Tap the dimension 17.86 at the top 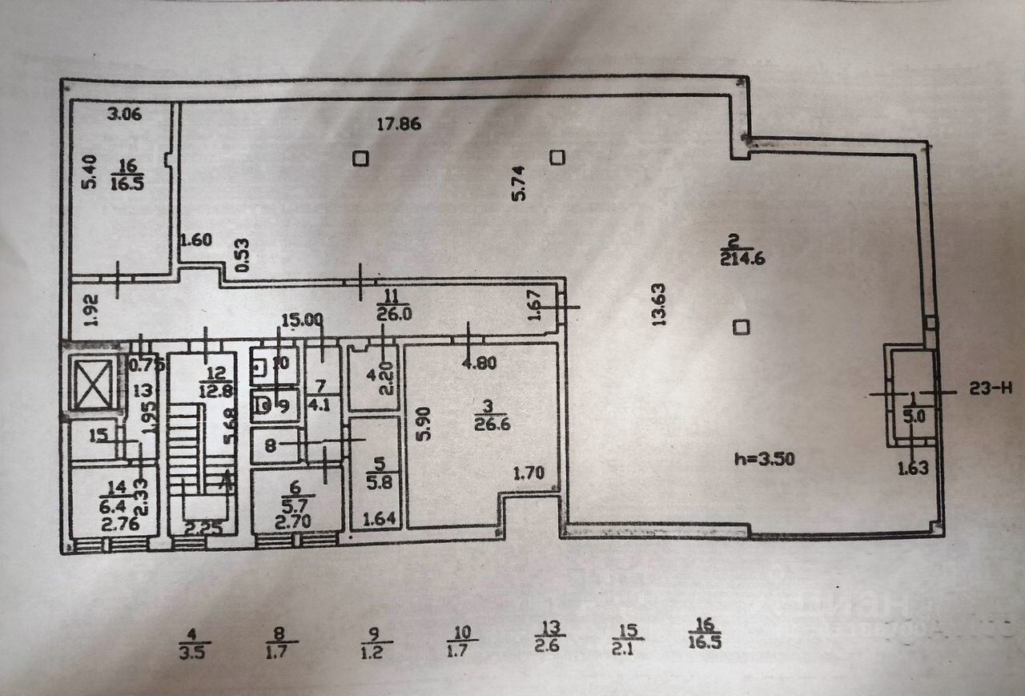(x=400, y=123)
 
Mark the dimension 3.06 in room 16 (x=124, y=114)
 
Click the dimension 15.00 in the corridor (x=302, y=320)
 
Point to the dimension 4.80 (x=480, y=362)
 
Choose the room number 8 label (x=270, y=445)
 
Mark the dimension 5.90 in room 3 (x=426, y=424)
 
